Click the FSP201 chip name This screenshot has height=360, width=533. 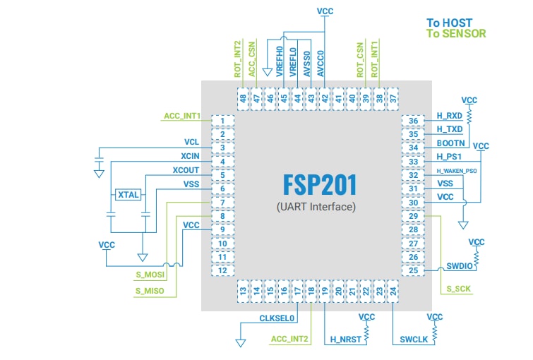(320, 185)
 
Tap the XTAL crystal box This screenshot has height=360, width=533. (128, 194)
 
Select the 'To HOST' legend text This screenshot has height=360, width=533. (449, 23)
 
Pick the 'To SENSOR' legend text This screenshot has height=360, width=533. (456, 33)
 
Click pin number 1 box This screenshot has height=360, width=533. (222, 121)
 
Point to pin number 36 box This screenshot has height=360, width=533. (414, 121)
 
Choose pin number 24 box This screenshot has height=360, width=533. (393, 289)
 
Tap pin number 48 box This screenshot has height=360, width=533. (243, 100)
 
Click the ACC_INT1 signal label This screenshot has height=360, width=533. (182, 116)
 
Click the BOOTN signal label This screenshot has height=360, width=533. (450, 143)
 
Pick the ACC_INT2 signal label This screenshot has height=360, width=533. (290, 340)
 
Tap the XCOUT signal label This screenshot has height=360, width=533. (186, 170)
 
